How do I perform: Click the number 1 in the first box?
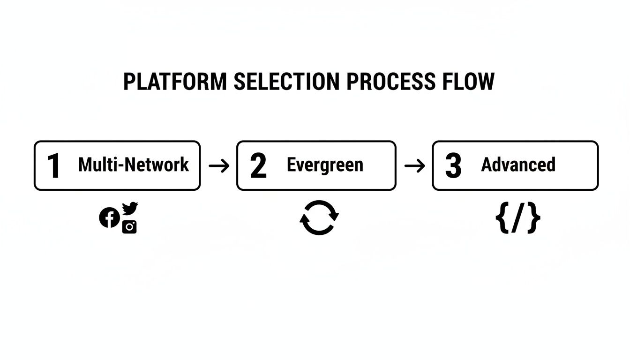tap(54, 166)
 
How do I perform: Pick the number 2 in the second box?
tap(258, 166)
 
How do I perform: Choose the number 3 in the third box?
tap(453, 166)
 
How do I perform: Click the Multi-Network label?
tap(134, 165)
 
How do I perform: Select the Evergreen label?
tap(325, 165)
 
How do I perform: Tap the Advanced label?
tap(518, 165)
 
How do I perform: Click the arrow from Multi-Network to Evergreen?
tap(218, 165)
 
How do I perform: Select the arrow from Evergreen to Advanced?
tap(414, 165)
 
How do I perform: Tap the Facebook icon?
tap(109, 217)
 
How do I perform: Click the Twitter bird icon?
tap(130, 208)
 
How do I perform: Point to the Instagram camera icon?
tap(129, 227)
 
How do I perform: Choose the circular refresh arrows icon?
tap(319, 217)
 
